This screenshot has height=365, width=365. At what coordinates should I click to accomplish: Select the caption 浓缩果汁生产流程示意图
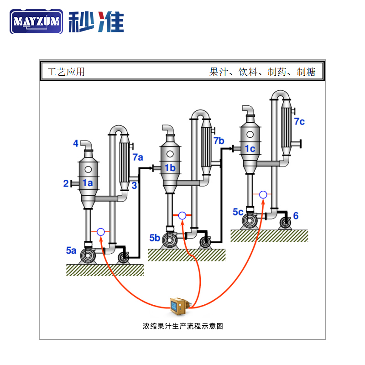pyautogui.click(x=182, y=326)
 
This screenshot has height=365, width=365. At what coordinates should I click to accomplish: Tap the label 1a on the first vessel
pyautogui.click(x=87, y=183)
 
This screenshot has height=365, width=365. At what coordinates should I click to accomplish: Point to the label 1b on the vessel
pyautogui.click(x=170, y=168)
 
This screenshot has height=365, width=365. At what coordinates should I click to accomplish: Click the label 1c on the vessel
pyautogui.click(x=250, y=148)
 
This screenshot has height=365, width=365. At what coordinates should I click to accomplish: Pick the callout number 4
pyautogui.click(x=76, y=144)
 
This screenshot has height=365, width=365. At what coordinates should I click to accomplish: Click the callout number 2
pyautogui.click(x=66, y=183)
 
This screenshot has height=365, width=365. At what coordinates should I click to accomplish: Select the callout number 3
pyautogui.click(x=134, y=185)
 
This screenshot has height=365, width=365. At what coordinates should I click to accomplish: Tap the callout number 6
pyautogui.click(x=296, y=215)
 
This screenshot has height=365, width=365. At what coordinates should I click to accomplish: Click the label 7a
pyautogui.click(x=138, y=157)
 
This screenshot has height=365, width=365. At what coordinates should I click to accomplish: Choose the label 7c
pyautogui.click(x=299, y=121)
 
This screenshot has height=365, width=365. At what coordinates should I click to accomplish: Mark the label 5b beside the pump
pyautogui.click(x=155, y=237)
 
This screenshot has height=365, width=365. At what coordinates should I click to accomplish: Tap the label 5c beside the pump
pyautogui.click(x=238, y=212)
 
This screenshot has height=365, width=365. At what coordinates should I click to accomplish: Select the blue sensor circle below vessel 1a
pyautogui.click(x=101, y=232)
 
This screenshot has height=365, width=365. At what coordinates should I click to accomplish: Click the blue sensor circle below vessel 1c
pyautogui.click(x=263, y=195)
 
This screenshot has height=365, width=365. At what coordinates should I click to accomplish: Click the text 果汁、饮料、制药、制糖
pyautogui.click(x=262, y=72)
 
